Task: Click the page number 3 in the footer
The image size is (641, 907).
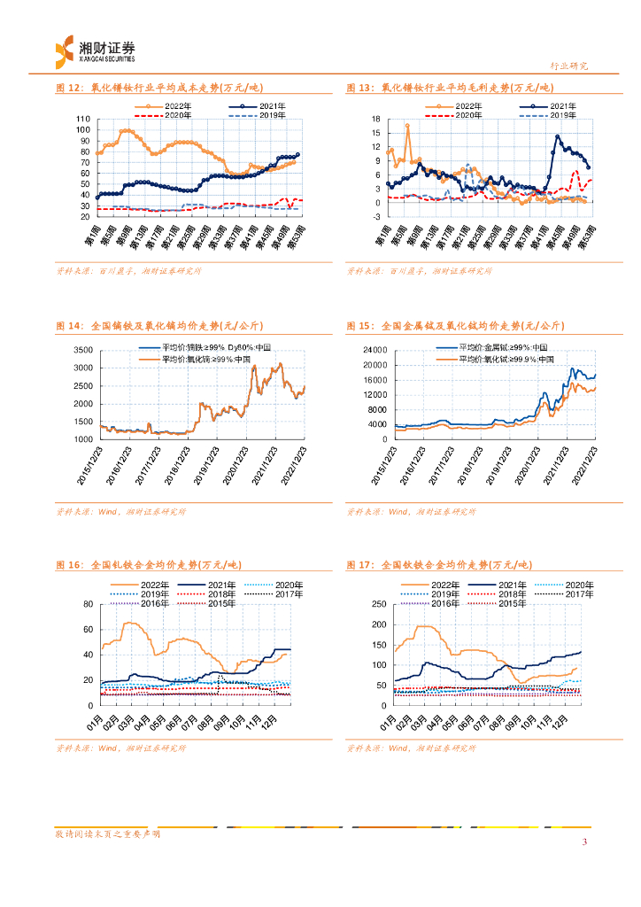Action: pos(584,841)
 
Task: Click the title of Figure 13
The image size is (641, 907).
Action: pos(449,88)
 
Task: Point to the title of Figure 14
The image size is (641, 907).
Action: pos(155,327)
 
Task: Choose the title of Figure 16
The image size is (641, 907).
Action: pos(148,564)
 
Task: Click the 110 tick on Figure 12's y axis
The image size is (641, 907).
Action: pos(83,119)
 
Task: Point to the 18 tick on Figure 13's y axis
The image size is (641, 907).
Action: pos(375,119)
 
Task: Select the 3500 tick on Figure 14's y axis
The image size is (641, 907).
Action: pos(82,350)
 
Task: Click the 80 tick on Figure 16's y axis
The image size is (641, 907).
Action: pos(87,604)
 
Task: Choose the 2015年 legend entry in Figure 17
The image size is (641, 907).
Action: pos(508,603)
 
